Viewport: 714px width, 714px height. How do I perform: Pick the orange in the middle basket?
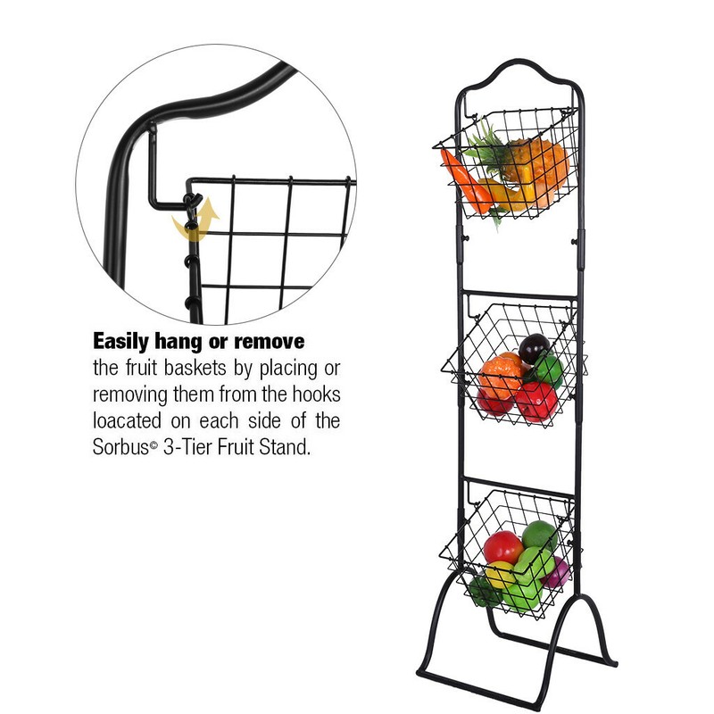pos(502,367)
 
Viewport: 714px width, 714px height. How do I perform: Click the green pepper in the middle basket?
pos(548,369)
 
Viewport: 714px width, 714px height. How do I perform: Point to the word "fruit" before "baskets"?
pos(132,369)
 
